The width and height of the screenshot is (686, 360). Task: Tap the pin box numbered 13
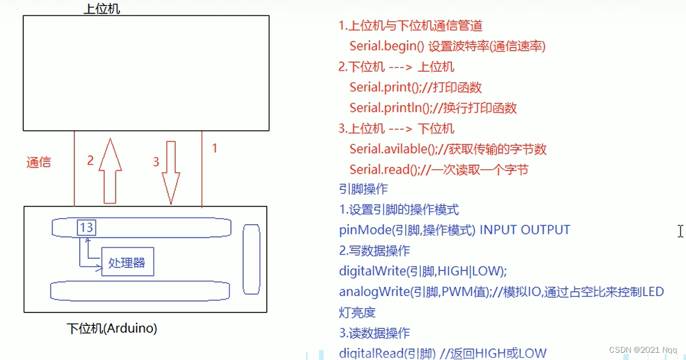tap(86, 228)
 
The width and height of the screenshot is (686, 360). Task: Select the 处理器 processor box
tap(127, 263)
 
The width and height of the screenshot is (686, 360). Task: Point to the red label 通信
tap(38, 162)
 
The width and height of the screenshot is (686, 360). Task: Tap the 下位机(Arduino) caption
tap(111, 328)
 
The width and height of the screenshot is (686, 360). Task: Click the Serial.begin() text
tap(387, 46)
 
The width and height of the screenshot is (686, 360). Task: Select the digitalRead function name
tap(371, 353)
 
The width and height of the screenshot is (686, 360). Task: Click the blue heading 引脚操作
tap(363, 189)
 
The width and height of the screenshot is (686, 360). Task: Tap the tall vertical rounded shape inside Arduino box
tap(252, 259)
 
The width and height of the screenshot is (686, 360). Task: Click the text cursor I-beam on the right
tap(680, 231)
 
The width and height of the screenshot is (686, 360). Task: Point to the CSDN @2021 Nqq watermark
tap(645, 350)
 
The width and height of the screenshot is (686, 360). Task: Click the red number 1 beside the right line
tap(214, 147)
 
